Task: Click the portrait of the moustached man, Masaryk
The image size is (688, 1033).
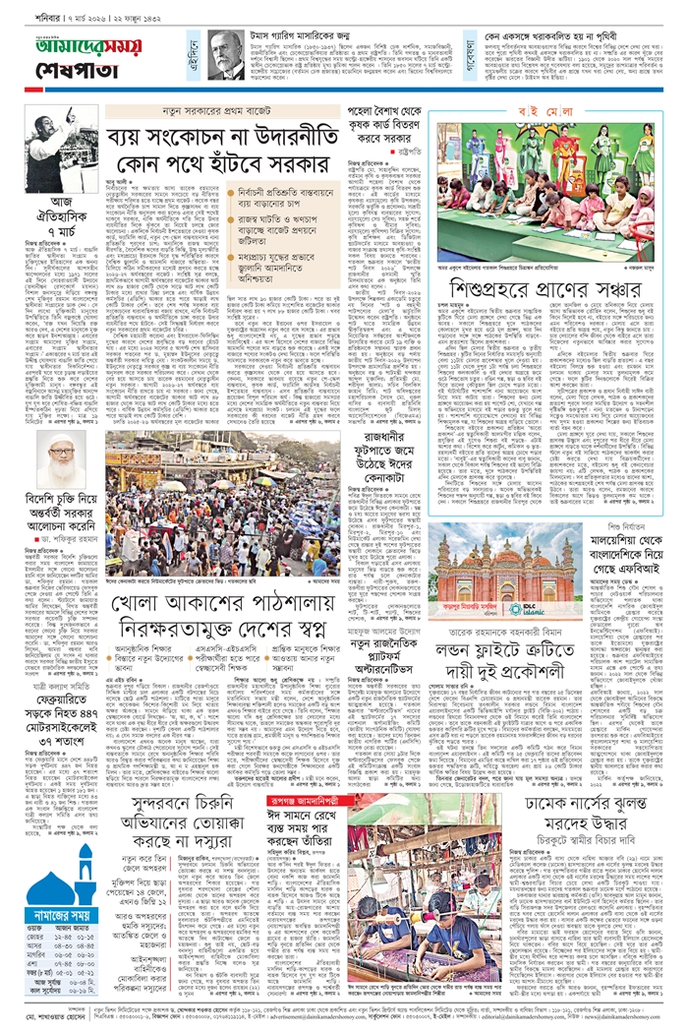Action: pos(225,53)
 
